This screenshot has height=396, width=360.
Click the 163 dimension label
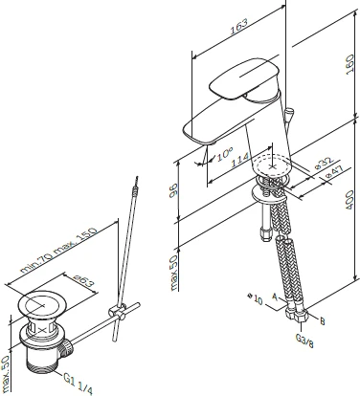coord(239,26)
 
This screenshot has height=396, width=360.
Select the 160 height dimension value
coord(350,65)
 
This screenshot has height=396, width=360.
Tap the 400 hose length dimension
coord(350,200)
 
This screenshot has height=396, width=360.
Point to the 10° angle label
coord(225,154)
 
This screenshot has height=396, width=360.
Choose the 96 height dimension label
coord(173,190)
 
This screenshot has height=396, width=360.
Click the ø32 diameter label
coord(324,163)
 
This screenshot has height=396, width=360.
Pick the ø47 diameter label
coord(333,172)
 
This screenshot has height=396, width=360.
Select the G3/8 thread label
coord(304,341)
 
